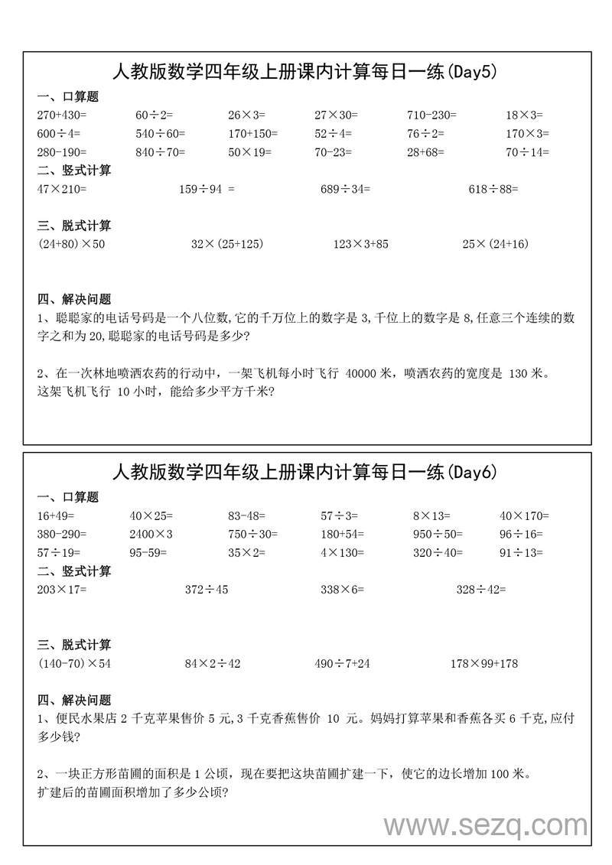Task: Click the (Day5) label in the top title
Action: point(471,73)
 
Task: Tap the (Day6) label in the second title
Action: point(471,473)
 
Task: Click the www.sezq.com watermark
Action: point(486,825)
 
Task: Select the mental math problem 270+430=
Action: point(62,115)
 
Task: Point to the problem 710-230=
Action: point(431,115)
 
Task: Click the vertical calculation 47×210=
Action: point(62,188)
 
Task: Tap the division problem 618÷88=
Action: point(493,188)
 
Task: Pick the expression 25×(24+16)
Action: point(496,244)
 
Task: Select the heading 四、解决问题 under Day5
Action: point(74,299)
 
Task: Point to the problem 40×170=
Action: point(524,515)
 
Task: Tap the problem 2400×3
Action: point(151,534)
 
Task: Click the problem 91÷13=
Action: point(521,552)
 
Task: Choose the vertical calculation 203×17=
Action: point(62,590)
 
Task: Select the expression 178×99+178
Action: point(484,663)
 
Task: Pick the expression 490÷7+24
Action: point(342,663)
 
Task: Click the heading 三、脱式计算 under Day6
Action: point(74,645)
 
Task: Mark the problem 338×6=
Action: point(342,590)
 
